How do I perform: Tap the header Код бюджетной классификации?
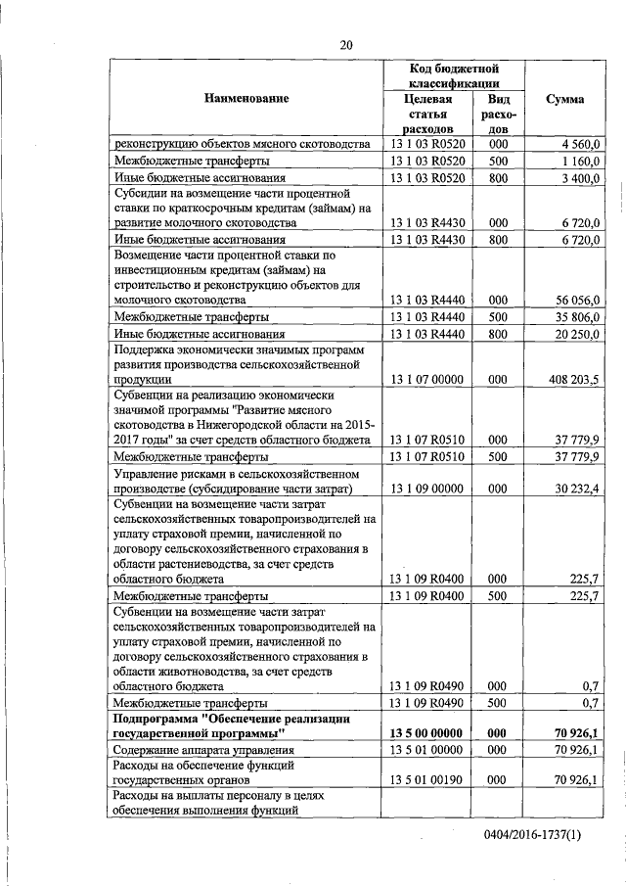click(x=454, y=76)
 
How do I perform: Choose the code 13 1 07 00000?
click(x=427, y=378)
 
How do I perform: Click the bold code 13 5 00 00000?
click(x=427, y=732)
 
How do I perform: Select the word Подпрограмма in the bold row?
click(x=155, y=718)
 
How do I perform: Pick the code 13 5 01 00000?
click(x=427, y=749)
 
